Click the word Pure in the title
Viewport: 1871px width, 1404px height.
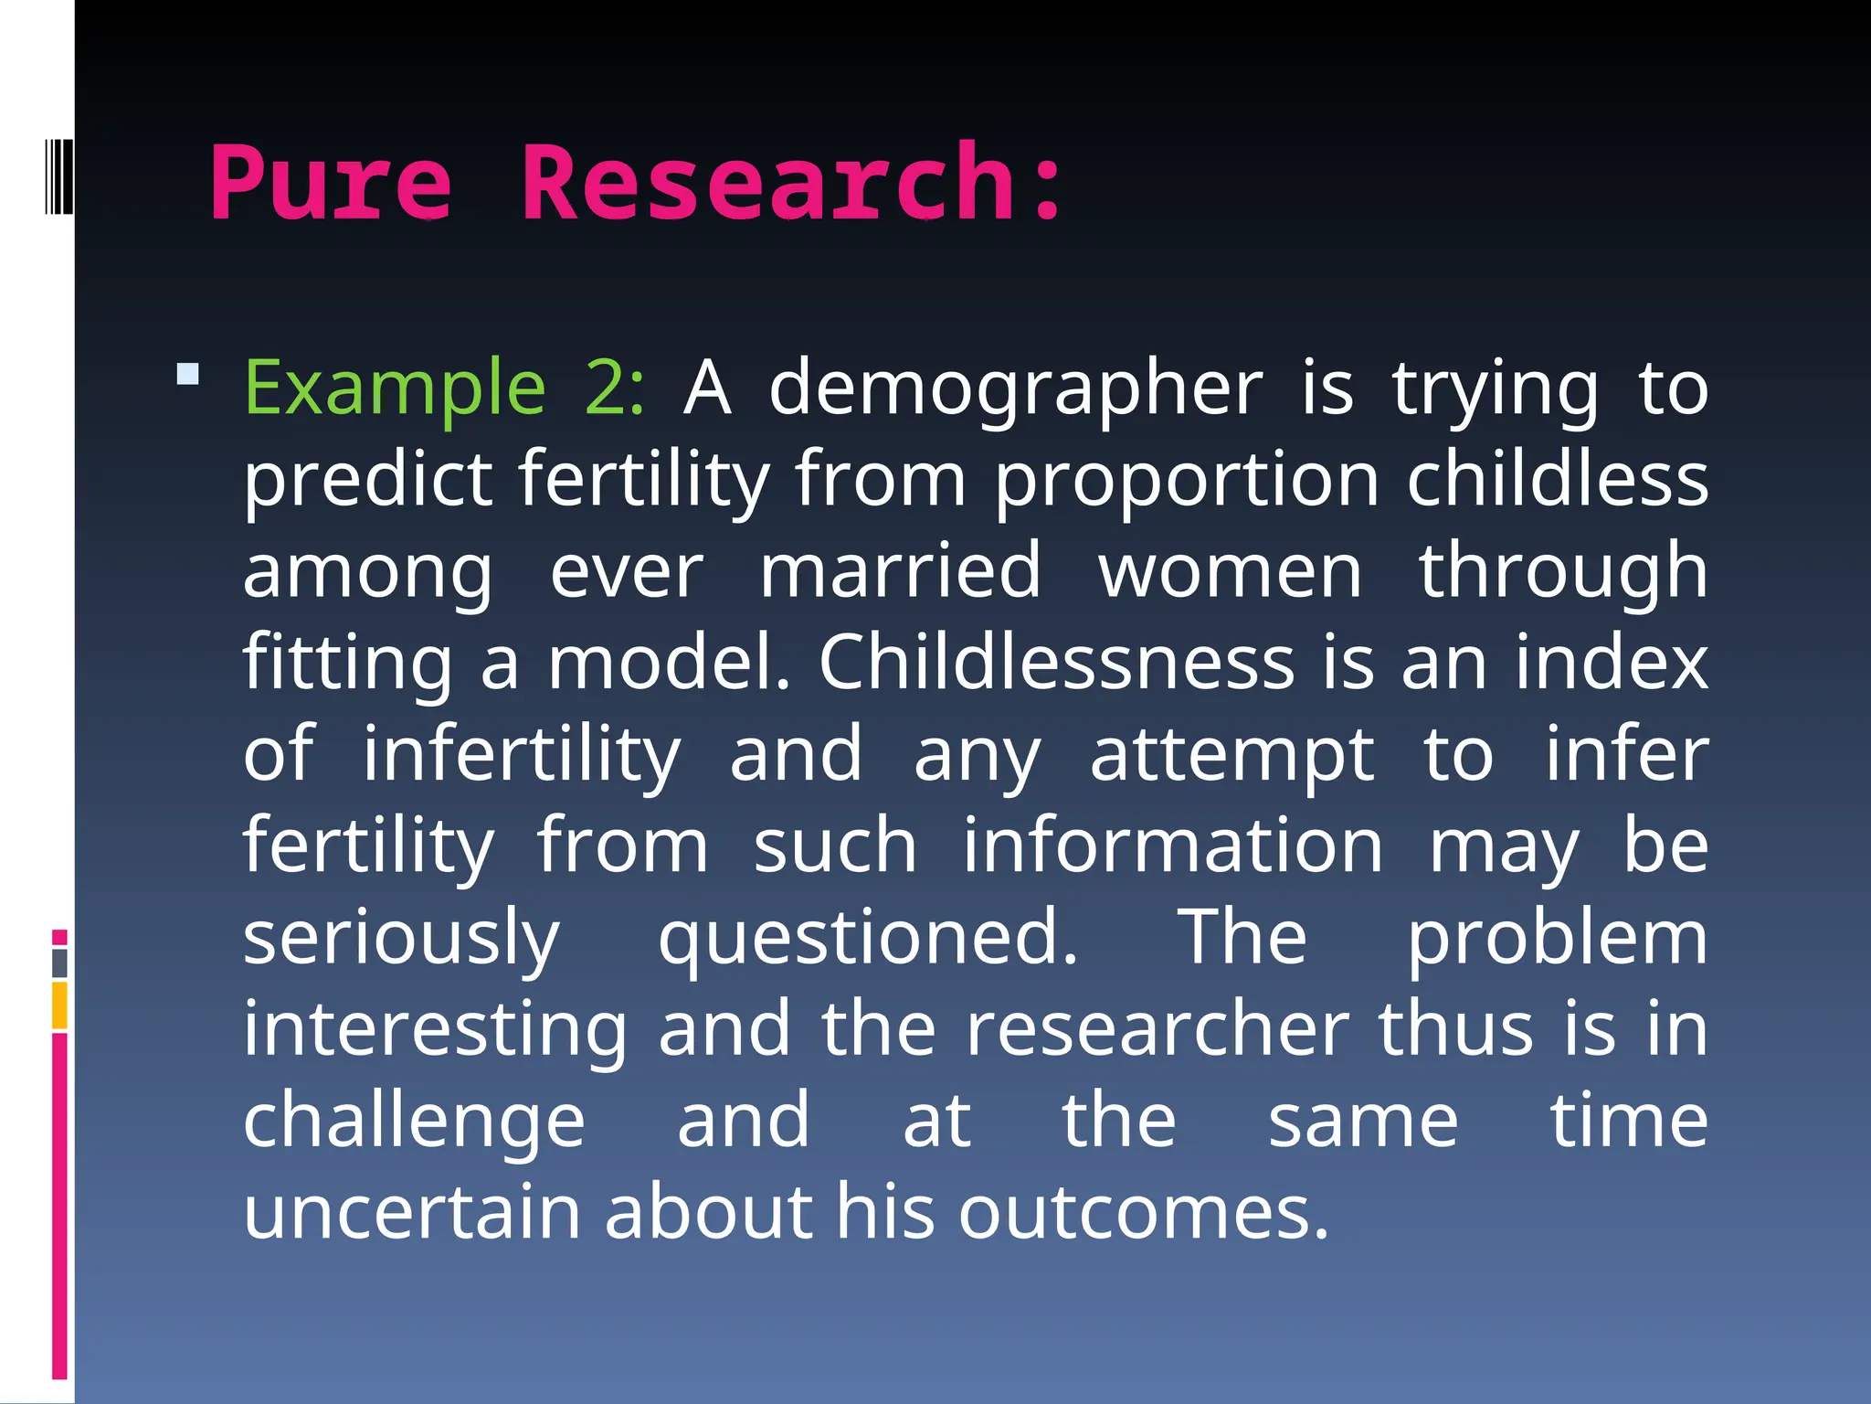[331, 185]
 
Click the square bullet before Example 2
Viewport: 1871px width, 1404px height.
[188, 374]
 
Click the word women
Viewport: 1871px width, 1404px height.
[1230, 572]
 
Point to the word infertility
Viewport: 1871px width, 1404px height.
[522, 755]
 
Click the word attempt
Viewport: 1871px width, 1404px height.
[1231, 755]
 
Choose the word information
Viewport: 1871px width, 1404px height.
[1173, 846]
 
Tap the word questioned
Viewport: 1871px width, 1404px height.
[868, 939]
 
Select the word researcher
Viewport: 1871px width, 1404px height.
[1157, 1029]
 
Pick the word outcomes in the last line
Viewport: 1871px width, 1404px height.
[1143, 1212]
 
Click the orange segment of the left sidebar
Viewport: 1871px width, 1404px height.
[59, 1005]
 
